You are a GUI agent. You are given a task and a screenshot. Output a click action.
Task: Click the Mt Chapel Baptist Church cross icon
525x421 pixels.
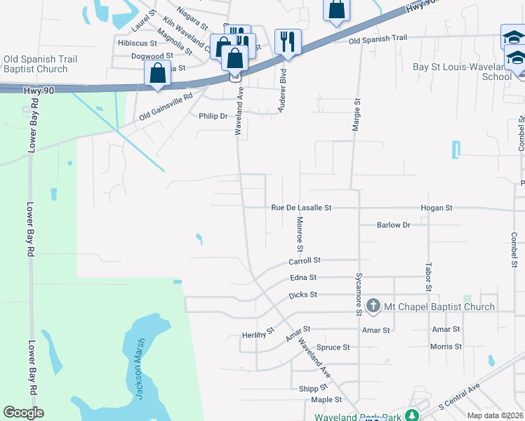click(373, 306)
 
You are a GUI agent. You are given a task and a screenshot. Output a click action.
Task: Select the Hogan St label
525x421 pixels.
click(437, 208)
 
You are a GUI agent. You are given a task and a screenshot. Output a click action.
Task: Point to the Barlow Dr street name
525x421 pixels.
click(393, 225)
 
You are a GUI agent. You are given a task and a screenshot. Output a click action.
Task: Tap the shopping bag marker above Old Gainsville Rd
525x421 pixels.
click(157, 73)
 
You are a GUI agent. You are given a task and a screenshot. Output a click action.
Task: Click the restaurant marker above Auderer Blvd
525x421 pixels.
click(288, 41)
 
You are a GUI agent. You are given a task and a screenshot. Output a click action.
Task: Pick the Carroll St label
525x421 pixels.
click(305, 260)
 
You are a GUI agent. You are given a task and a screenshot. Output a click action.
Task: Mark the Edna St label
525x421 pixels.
click(303, 278)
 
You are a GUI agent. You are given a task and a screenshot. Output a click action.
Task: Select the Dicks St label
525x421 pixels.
click(303, 295)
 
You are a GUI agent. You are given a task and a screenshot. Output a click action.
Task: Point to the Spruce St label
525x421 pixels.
click(333, 347)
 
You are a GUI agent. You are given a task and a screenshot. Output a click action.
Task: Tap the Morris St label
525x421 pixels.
click(446, 347)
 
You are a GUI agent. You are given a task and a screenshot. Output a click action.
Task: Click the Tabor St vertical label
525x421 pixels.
click(427, 277)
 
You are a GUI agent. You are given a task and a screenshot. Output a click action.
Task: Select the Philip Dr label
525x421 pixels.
click(213, 116)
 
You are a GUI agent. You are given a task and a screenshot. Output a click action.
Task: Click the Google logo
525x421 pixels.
click(23, 413)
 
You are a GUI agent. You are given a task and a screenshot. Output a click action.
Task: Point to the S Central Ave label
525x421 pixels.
click(459, 397)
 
